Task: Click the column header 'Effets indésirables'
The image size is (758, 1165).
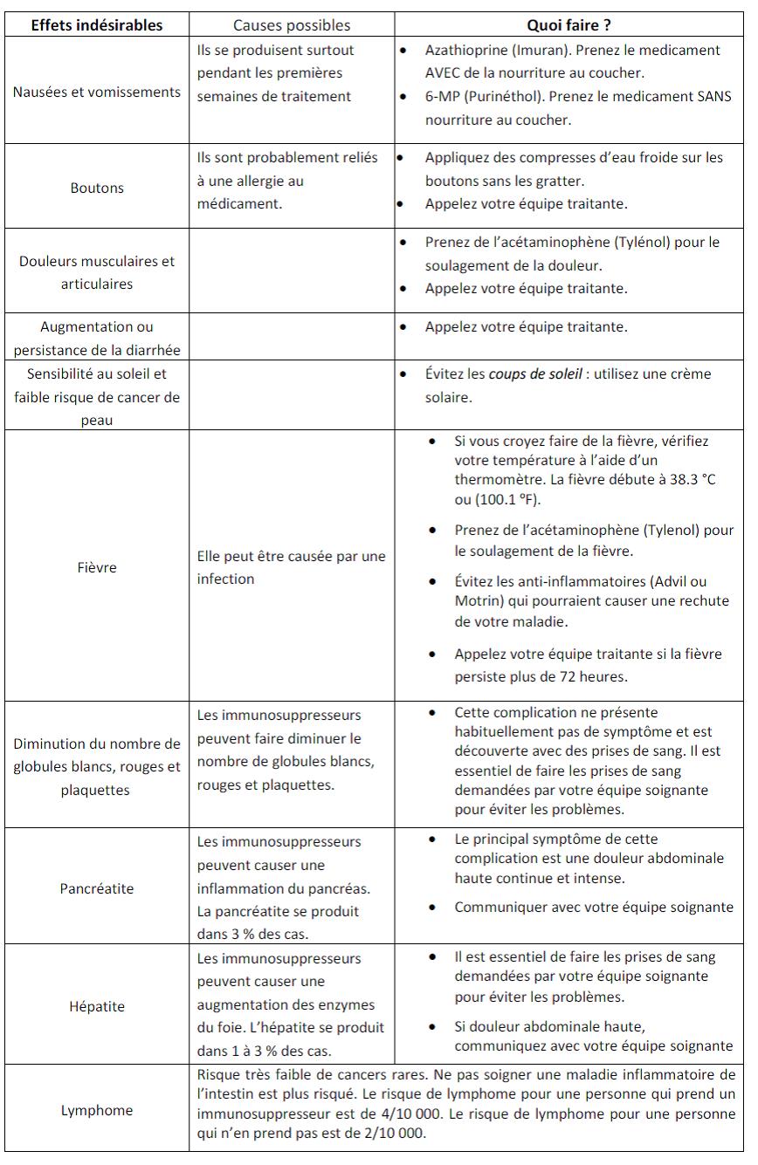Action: [97, 25]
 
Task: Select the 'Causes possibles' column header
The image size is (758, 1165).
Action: [292, 25]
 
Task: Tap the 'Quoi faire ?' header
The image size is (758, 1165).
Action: [568, 25]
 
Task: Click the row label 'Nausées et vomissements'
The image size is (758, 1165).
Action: [97, 93]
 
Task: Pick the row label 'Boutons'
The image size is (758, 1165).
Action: [97, 188]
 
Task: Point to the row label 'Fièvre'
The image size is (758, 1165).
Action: [97, 567]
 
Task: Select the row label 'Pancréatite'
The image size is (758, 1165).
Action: [97, 889]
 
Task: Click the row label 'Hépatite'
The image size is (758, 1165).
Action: [97, 1006]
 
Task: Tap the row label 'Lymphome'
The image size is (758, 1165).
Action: [97, 1110]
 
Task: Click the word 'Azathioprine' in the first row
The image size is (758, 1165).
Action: [466, 50]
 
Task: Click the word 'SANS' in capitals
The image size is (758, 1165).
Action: [713, 97]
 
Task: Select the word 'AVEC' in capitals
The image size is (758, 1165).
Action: [444, 73]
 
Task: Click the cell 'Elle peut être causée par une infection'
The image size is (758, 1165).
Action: [291, 567]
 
